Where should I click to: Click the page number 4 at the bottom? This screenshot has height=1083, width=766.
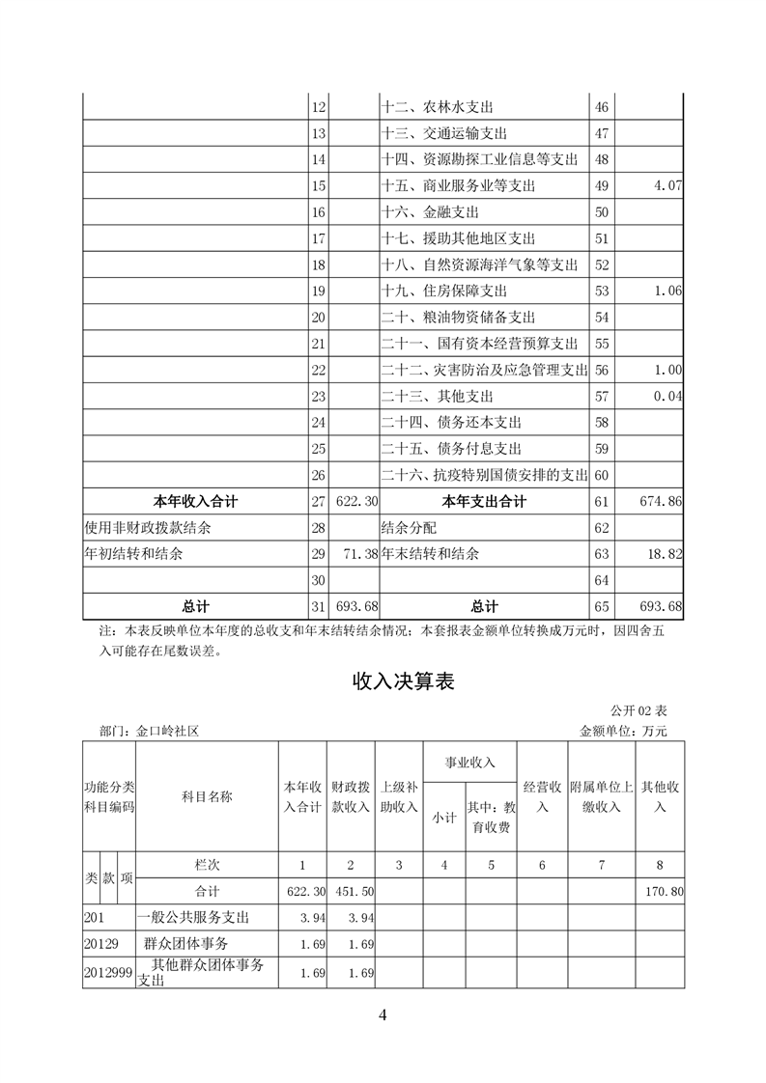pos(383,1014)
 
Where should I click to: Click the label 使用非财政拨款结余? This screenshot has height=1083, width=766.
pos(148,528)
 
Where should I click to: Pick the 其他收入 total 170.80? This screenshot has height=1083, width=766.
pos(663,891)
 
